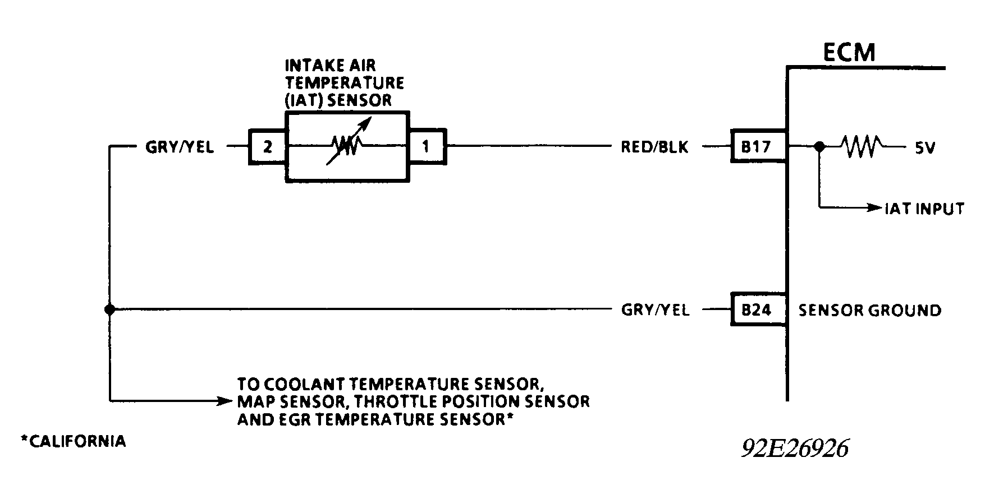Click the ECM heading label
(x=849, y=52)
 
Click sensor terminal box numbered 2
(x=268, y=147)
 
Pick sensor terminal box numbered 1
(x=427, y=147)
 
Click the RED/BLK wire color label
(x=654, y=147)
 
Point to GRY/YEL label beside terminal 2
(x=180, y=147)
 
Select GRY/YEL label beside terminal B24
(x=655, y=310)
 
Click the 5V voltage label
(x=924, y=149)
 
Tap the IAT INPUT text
(x=924, y=209)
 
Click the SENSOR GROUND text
(x=869, y=310)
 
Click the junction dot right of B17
(x=819, y=147)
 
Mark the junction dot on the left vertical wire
(x=110, y=309)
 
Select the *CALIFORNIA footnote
(x=74, y=441)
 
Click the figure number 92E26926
(x=795, y=449)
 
